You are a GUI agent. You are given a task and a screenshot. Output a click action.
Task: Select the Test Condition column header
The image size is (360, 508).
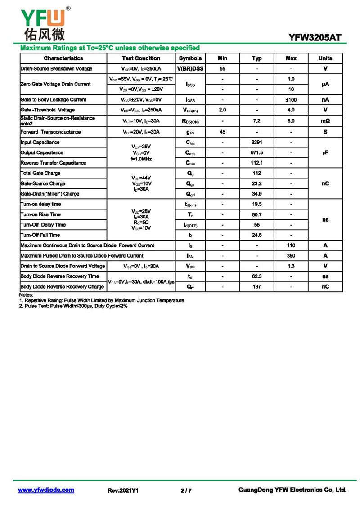tap(141, 58)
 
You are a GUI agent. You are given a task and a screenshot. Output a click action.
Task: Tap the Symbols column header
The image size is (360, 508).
tap(190, 58)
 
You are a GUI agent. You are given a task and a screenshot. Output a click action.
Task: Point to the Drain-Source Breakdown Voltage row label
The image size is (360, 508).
tap(57, 69)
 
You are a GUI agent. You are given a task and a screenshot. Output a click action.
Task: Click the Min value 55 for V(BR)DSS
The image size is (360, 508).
tap(223, 69)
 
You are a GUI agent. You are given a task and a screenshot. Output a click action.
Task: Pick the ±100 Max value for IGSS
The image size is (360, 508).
tap(291, 100)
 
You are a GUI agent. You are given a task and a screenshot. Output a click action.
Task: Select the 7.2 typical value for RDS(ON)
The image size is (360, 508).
tap(257, 121)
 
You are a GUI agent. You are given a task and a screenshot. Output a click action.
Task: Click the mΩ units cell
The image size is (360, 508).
tap(325, 121)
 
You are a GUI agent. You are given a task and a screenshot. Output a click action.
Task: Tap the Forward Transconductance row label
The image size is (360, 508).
tap(51, 132)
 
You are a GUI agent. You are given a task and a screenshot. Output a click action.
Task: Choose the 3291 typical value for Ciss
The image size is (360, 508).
tap(257, 143)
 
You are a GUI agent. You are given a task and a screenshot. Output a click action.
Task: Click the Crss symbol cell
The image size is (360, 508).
tap(190, 163)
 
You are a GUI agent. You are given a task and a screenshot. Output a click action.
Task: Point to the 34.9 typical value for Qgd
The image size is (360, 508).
tap(257, 194)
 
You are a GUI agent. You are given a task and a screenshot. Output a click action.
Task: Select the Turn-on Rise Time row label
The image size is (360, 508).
tap(40, 214)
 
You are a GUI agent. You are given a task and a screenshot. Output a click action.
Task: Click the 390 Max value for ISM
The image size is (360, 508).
tap(291, 256)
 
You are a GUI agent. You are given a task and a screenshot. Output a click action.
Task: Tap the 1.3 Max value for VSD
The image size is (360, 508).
tap(291, 266)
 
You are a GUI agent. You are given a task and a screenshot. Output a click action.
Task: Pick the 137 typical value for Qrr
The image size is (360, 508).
tap(257, 287)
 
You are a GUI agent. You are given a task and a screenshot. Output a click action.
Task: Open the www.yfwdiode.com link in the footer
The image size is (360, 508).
tap(46, 490)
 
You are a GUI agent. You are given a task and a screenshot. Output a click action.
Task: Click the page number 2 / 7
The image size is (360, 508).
tap(186, 490)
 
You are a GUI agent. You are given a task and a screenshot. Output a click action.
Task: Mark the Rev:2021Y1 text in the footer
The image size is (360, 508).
tap(123, 490)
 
